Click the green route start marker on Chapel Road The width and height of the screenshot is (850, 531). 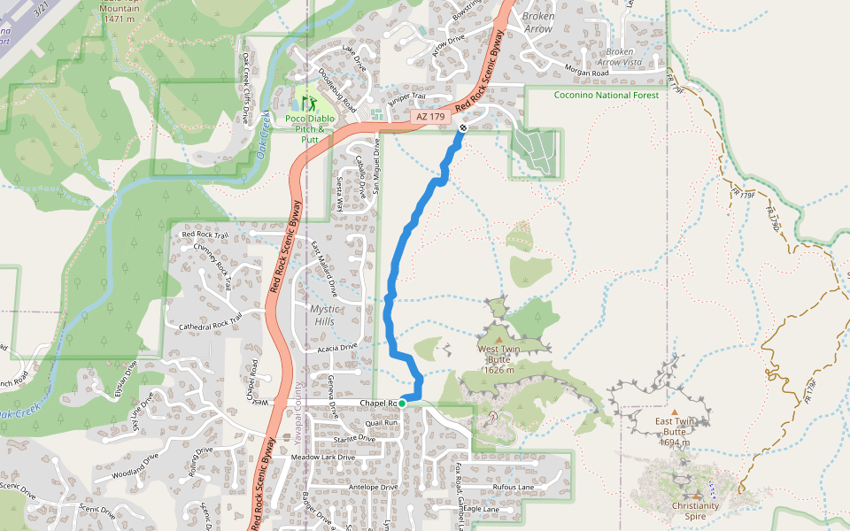(402, 404)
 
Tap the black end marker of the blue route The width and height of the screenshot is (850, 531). (463, 128)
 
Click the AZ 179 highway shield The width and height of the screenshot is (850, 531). (430, 117)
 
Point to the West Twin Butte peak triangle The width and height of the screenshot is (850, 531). (498, 339)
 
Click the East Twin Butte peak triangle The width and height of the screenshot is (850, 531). (675, 412)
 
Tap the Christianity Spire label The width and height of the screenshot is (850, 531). (696, 511)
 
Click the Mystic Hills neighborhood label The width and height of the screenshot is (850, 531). (322, 315)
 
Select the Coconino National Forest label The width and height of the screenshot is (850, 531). (607, 96)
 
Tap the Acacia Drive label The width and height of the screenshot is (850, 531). (336, 347)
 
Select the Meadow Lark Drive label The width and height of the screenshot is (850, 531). (322, 458)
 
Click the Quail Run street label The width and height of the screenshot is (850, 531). (381, 423)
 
